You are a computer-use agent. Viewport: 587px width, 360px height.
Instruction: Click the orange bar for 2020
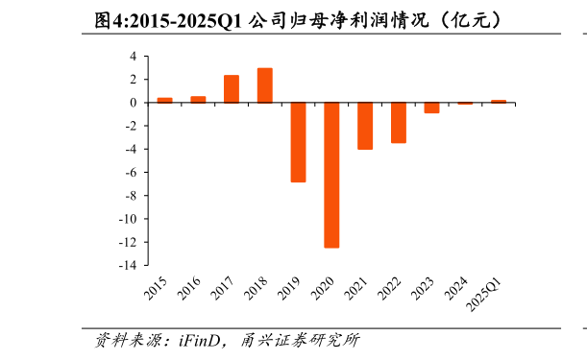coord(331,175)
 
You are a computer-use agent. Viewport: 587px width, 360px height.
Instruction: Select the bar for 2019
coord(298,142)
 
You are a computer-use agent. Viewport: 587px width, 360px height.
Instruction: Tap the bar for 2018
coord(265,85)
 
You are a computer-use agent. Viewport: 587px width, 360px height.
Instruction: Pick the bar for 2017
coord(232,89)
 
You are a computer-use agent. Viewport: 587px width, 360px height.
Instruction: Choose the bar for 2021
coord(365,126)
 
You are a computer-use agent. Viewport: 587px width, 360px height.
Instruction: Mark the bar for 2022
coord(398,123)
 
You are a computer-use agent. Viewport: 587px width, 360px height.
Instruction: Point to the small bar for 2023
coord(431,108)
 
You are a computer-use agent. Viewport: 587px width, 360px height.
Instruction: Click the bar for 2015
coord(165,100)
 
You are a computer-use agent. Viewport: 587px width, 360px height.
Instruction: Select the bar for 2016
coord(198,100)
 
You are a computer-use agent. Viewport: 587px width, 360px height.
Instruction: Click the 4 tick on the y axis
coord(136,57)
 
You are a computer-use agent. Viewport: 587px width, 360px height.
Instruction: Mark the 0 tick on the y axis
coord(136,103)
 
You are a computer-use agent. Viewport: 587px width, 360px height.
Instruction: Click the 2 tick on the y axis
coord(136,80)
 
